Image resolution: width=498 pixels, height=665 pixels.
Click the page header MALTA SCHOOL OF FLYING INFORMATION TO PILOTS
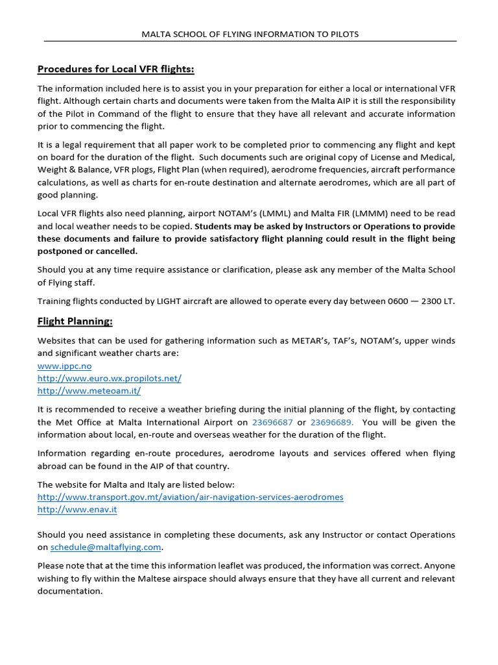(x=250, y=34)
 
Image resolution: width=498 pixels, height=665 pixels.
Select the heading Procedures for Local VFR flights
(x=115, y=69)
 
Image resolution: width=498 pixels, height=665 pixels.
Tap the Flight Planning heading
(x=75, y=321)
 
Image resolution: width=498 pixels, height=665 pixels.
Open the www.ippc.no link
(x=64, y=366)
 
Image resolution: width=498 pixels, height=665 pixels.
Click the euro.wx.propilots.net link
(x=109, y=378)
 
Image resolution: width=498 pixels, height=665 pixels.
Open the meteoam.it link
(x=89, y=390)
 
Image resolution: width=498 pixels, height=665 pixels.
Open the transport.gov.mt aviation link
(x=190, y=497)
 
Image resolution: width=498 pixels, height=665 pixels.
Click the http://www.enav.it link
(x=77, y=509)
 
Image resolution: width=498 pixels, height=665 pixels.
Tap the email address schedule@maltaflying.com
(x=106, y=547)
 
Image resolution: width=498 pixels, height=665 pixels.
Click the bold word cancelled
(x=114, y=251)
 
